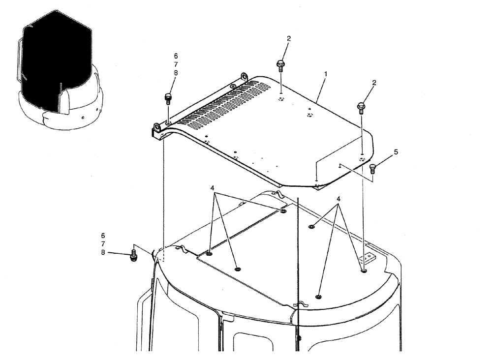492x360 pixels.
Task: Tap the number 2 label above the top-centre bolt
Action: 289,38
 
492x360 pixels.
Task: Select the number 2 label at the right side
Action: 374,83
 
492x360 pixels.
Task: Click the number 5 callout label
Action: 396,152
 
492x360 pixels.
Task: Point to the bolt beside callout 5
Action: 372,169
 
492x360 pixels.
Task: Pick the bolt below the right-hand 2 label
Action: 361,107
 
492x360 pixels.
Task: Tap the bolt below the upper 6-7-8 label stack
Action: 167,98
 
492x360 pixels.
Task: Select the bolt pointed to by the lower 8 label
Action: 133,255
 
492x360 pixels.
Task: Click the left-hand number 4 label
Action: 212,188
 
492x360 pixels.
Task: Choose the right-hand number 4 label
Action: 338,199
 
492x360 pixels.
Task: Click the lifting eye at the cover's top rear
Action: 244,76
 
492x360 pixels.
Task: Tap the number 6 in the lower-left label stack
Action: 103,236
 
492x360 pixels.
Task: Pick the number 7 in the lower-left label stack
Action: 103,244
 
